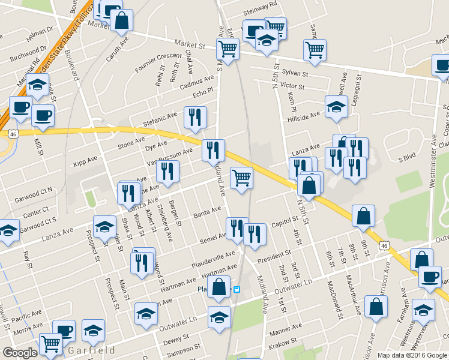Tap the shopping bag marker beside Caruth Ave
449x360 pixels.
tap(121, 20)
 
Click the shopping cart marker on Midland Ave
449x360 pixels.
tap(241, 178)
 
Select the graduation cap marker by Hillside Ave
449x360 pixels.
tap(336, 107)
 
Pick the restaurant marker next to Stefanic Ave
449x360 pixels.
tap(194, 118)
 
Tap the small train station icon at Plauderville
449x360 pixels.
tap(237, 289)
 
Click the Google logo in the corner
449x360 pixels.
tap(20, 353)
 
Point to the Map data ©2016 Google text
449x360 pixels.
tap(412, 355)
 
